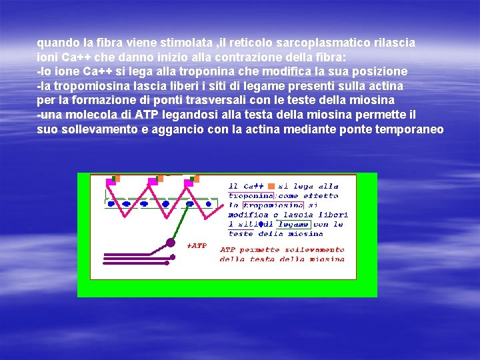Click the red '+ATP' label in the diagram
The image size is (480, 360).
point(197,246)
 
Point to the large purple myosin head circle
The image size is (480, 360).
point(171,242)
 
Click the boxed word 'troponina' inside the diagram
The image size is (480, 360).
point(251,196)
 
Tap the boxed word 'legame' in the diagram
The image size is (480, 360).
point(294,225)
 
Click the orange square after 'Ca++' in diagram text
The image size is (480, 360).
point(271,186)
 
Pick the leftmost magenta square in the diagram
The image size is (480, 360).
point(111,181)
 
